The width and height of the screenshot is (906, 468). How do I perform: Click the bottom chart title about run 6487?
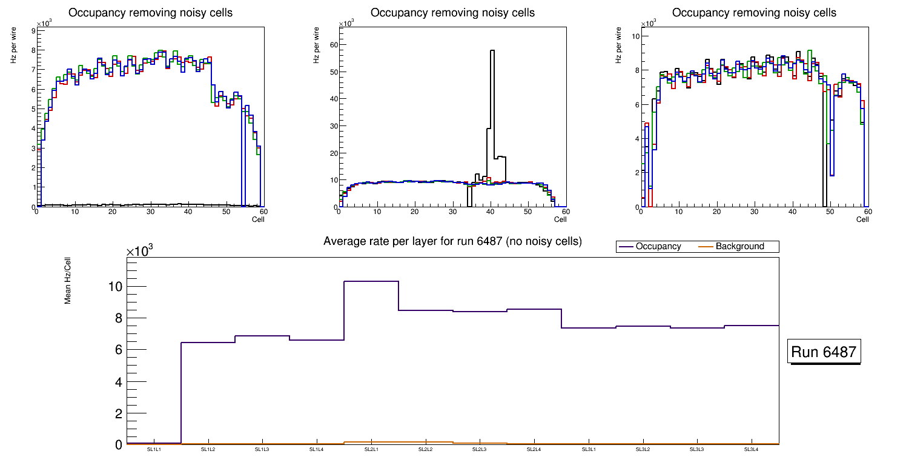[x=452, y=241]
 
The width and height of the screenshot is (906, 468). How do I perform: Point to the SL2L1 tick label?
[x=371, y=450]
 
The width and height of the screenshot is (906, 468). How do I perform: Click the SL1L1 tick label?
[x=154, y=450]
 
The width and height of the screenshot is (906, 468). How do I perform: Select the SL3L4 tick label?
[x=752, y=450]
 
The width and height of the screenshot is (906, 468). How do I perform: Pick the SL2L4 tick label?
[x=534, y=450]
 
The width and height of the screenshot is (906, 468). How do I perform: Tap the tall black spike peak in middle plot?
[x=492, y=51]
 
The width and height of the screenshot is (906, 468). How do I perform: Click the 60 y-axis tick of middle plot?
[x=334, y=45]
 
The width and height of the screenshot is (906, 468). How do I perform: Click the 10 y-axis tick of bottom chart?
[x=115, y=287]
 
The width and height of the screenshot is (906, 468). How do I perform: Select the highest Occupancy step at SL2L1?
[x=371, y=281]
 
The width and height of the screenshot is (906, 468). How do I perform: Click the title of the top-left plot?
[x=150, y=13]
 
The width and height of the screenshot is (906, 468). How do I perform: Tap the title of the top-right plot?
[x=754, y=13]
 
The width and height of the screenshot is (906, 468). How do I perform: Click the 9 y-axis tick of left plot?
[x=33, y=30]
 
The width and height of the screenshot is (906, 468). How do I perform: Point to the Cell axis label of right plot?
[x=862, y=219]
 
